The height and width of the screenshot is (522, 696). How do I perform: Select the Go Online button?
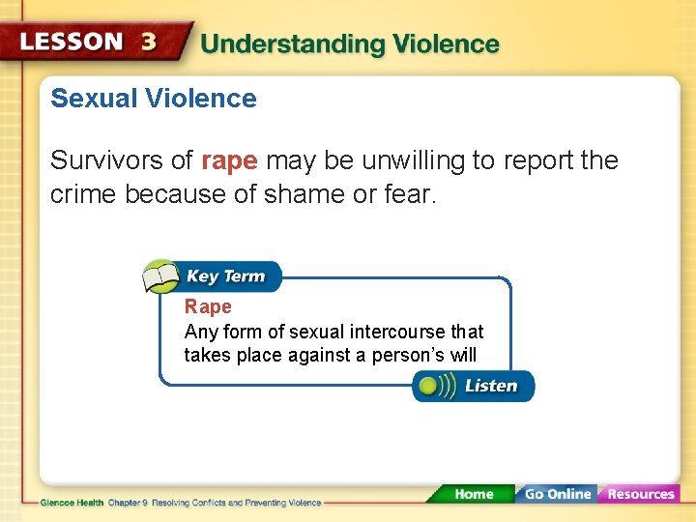[556, 494]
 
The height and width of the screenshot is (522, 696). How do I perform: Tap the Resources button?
[640, 494]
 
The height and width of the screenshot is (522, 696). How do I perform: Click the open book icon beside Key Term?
[160, 276]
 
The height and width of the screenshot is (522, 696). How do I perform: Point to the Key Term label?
[225, 276]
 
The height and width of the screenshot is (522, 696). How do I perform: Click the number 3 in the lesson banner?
[149, 42]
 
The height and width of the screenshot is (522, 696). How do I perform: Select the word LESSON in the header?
[72, 43]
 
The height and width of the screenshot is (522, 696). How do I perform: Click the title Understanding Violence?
[350, 43]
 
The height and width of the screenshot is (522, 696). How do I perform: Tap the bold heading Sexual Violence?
[153, 99]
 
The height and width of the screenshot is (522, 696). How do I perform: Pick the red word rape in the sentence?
[229, 160]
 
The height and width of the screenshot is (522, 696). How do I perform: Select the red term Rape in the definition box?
[208, 307]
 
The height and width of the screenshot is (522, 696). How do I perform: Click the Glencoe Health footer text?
[73, 503]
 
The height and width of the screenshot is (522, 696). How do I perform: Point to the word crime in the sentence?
[84, 194]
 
